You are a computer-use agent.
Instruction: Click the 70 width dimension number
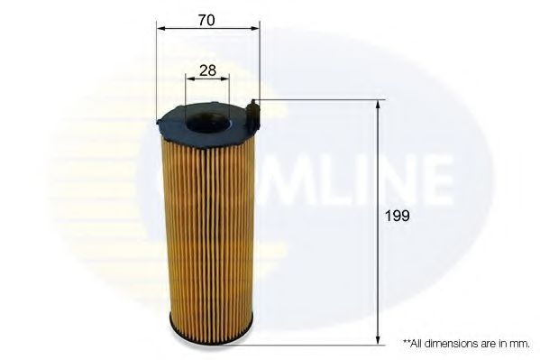[x=207, y=19]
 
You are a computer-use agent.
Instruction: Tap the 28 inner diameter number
[x=207, y=69]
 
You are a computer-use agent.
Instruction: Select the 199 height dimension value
[x=398, y=217]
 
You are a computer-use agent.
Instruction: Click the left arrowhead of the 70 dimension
[x=160, y=29]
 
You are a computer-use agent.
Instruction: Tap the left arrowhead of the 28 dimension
[x=189, y=79]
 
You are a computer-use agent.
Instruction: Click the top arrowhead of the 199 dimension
[x=377, y=105]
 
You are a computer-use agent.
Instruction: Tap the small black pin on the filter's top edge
[x=255, y=113]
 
